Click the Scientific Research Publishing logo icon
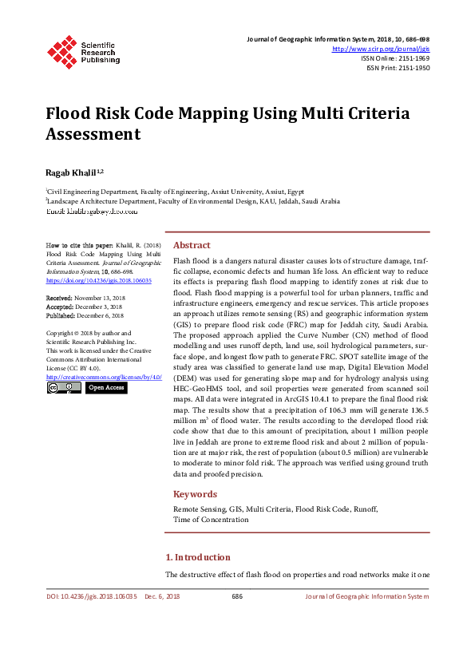(x=61, y=51)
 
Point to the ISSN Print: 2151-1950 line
(x=398, y=68)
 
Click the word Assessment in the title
(x=93, y=134)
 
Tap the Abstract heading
(x=192, y=245)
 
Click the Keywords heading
(x=195, y=494)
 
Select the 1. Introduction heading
(x=197, y=557)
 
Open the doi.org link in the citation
(x=99, y=281)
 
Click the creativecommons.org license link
(x=104, y=376)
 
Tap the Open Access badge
(x=105, y=388)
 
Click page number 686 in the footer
(x=237, y=596)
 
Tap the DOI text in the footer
(x=92, y=596)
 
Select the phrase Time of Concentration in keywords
(x=211, y=519)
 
